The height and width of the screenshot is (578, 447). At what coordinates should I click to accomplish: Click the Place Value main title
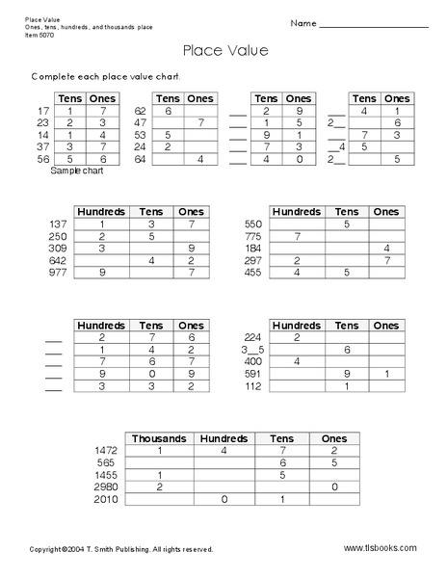coord(223,51)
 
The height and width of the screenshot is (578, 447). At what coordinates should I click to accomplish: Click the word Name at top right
coord(302,22)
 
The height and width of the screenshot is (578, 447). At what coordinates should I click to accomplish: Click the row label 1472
coord(105,450)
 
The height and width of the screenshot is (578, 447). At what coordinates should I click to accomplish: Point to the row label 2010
coord(105,500)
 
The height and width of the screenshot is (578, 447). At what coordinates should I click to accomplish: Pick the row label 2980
coord(105,487)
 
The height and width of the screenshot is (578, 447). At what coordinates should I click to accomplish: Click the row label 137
coord(59,223)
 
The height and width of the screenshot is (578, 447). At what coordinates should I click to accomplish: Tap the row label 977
coord(59,273)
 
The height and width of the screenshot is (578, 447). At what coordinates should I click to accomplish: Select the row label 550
coord(254,223)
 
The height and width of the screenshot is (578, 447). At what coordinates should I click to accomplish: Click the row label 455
coord(254,273)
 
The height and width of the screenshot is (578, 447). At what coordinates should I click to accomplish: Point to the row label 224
coord(254,337)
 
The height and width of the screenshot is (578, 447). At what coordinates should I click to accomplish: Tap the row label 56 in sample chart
coord(43,159)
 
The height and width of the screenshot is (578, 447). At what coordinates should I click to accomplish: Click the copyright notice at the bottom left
coord(121,549)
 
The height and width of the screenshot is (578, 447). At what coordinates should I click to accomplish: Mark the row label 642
coord(59,260)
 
